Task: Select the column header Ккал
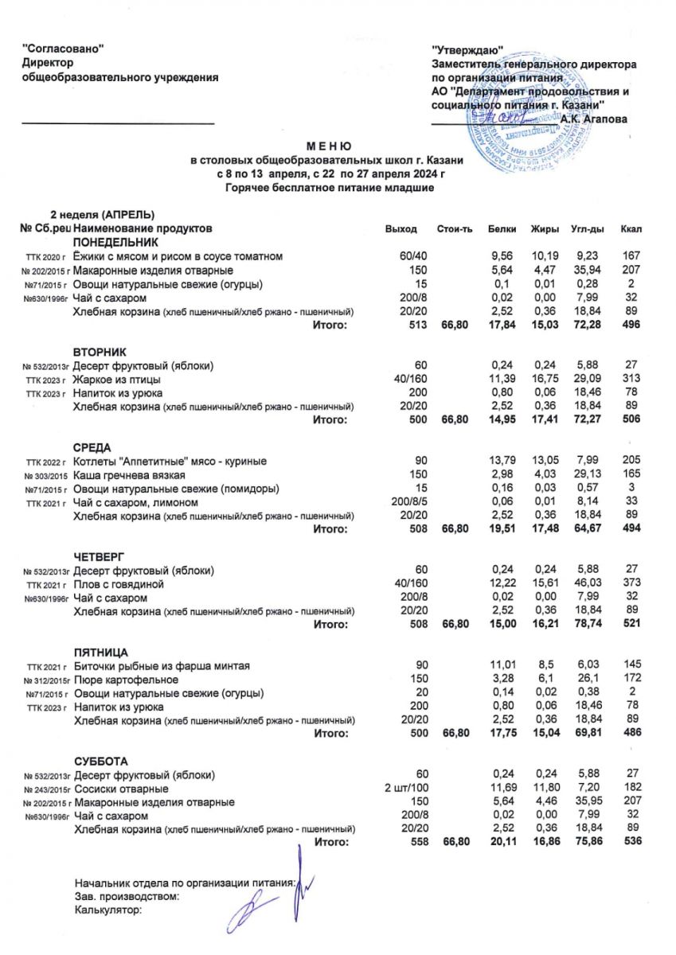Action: click(x=631, y=229)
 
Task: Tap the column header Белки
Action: click(x=501, y=229)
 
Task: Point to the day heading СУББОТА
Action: click(x=100, y=761)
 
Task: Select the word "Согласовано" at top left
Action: click(x=64, y=49)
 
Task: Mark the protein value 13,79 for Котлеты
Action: click(x=501, y=462)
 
